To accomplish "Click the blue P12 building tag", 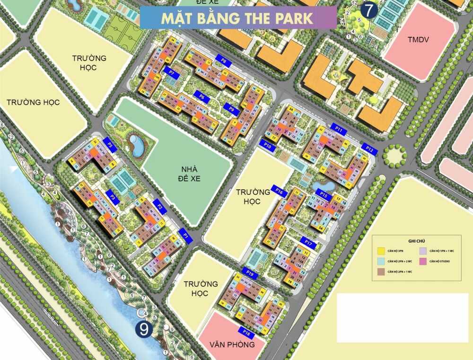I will point(370,149).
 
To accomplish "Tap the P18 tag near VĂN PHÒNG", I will point(245,331).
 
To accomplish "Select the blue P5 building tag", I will point(110,145).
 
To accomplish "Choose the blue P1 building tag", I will point(186,235).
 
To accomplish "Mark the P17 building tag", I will point(309,243).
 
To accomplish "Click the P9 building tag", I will point(231,109).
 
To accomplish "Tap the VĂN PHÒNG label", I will point(232,344).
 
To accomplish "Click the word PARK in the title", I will point(292,18).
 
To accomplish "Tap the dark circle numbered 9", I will point(144,329).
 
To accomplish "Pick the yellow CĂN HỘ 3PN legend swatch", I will point(380,251).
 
